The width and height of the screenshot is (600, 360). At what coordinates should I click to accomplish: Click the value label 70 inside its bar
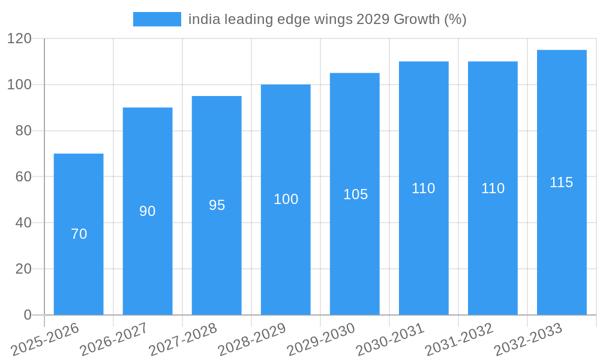click(79, 234)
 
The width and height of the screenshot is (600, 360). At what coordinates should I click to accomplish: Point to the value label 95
click(217, 205)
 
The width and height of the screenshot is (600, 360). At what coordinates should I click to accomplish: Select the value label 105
click(355, 194)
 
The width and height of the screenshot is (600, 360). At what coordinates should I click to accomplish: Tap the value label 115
click(562, 182)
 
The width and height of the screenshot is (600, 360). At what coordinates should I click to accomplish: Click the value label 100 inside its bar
click(286, 199)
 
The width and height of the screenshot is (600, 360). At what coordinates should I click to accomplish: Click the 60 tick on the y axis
click(23, 176)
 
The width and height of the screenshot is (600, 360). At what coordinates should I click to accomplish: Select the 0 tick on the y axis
click(27, 315)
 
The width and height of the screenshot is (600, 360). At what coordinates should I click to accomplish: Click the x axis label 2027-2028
click(184, 339)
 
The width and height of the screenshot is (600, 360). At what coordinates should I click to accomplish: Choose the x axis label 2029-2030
click(322, 339)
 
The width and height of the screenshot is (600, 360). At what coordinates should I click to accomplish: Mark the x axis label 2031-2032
click(460, 339)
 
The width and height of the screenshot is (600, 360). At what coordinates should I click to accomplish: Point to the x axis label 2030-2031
click(391, 339)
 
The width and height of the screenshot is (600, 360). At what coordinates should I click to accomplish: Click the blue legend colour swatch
click(157, 19)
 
